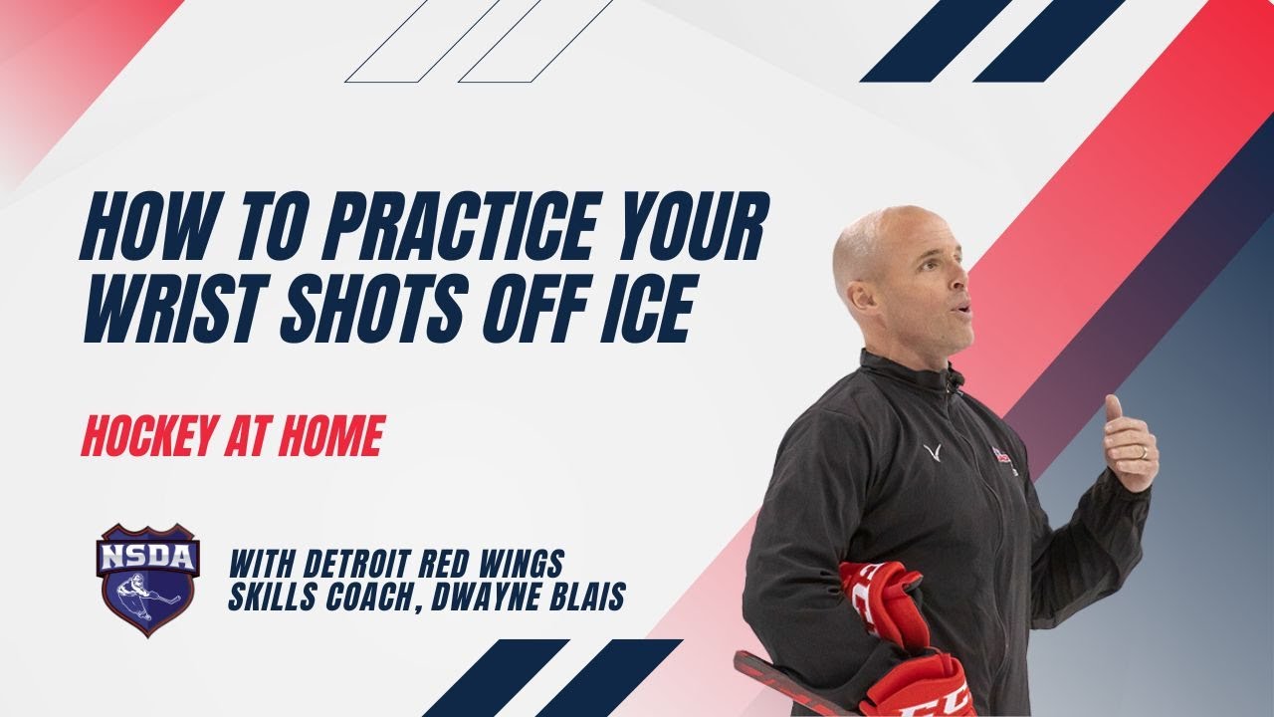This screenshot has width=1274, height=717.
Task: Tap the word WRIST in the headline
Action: (175, 309)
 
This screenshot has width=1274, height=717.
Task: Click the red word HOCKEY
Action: (149, 436)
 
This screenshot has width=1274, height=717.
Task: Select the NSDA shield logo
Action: (148, 580)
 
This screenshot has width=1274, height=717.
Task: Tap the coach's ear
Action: (863, 298)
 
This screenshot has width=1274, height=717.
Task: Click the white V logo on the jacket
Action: (932, 452)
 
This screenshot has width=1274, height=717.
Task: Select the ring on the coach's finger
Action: (1145, 453)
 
